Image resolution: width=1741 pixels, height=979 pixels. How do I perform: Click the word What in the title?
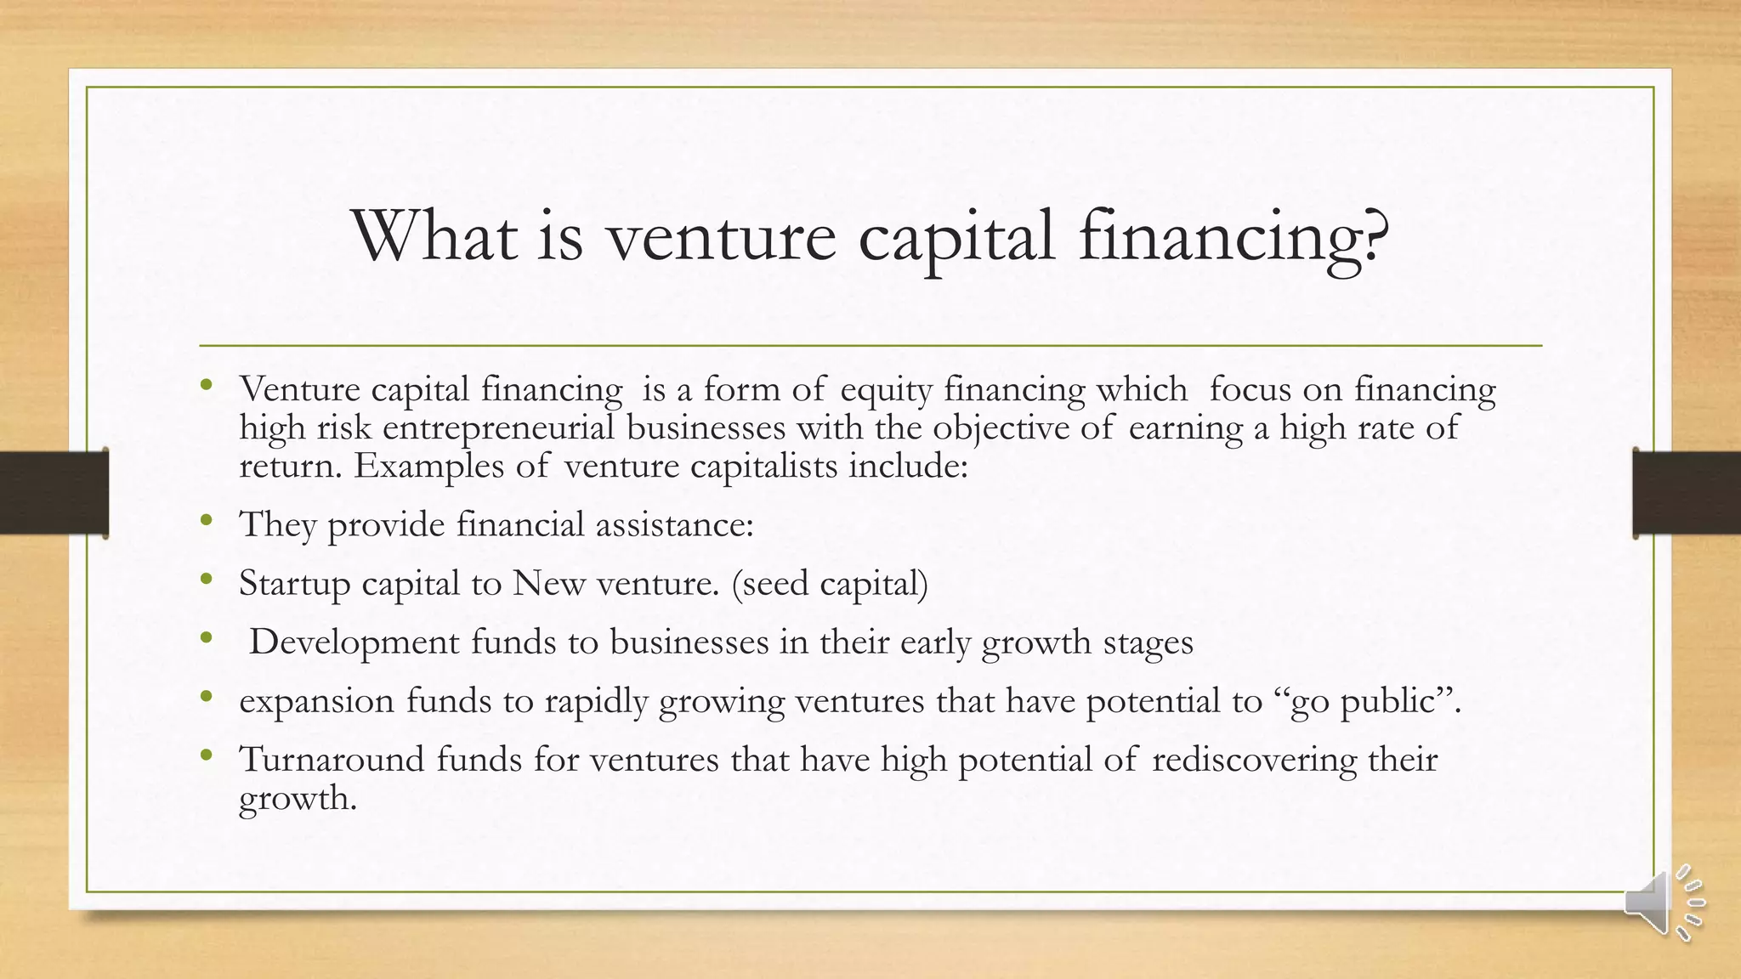click(434, 235)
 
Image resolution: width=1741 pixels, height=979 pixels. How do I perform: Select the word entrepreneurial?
click(498, 427)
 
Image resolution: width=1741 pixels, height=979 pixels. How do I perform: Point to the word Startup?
click(294, 584)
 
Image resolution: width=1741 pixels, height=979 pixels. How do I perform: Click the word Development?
click(354, 642)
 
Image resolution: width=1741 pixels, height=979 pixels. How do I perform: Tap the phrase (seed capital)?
click(829, 584)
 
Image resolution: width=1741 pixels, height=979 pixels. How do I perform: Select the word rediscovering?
click(1254, 759)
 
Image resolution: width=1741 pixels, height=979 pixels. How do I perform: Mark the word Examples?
click(428, 466)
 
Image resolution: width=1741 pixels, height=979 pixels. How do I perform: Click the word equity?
click(886, 390)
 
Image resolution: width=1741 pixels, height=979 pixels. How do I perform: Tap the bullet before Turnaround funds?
click(206, 755)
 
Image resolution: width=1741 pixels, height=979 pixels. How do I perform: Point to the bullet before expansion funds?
click(206, 697)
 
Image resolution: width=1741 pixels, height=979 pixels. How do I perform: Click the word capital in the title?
click(956, 235)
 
